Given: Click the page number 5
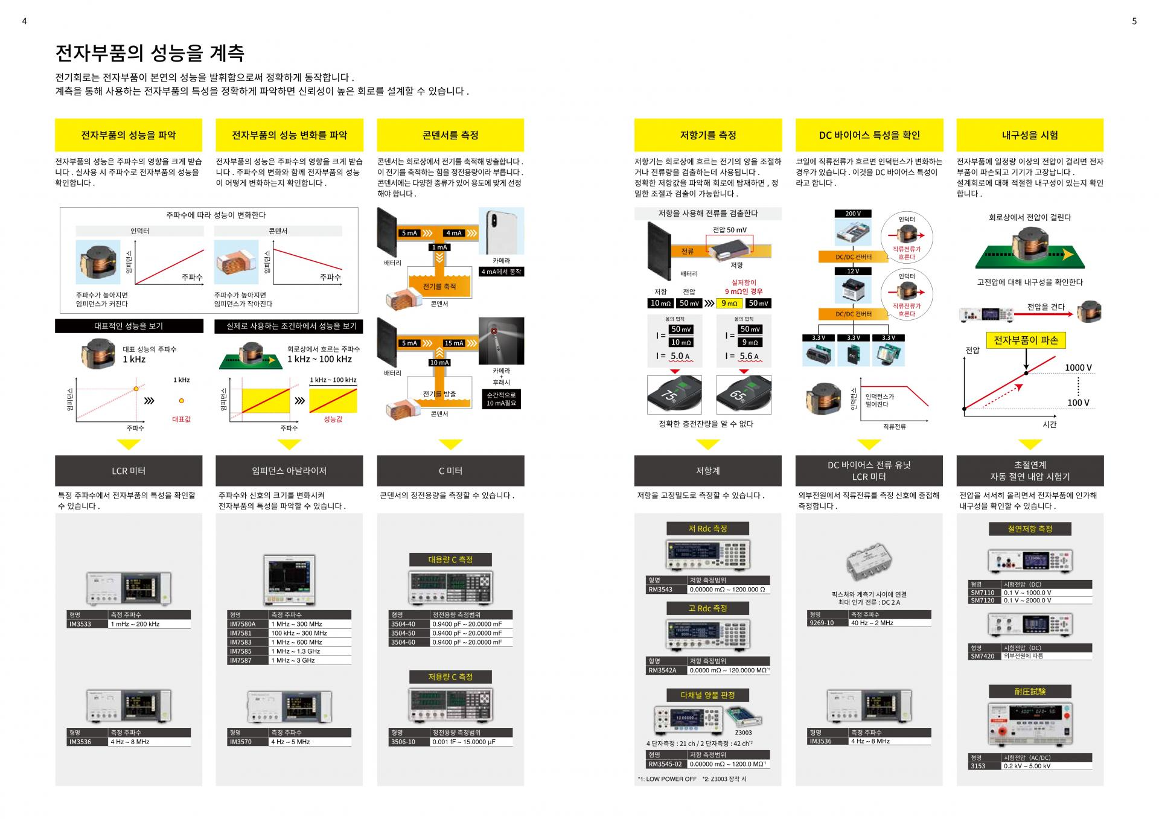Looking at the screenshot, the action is [1134, 21].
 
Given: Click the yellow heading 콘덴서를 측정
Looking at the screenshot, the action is [450, 135].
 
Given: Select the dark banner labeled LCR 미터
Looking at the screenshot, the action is [129, 471].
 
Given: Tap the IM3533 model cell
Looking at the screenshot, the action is [80, 624].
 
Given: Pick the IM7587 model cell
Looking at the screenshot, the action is [240, 660].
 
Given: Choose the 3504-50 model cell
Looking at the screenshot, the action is [403, 633].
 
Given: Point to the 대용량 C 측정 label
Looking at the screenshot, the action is [450, 559].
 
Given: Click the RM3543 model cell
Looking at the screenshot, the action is [660, 590].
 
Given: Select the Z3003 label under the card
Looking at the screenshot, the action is [743, 733].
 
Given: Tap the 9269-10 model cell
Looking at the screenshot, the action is [822, 623].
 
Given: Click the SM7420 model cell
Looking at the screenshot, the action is [982, 656].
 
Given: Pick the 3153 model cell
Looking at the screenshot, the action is [978, 766].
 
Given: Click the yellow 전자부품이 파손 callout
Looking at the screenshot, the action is [1026, 340].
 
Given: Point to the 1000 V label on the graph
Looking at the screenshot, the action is [1078, 368].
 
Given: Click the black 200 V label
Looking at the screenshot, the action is [853, 214].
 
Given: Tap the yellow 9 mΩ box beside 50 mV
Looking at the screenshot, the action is [729, 304].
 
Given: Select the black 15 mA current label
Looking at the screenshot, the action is [453, 343].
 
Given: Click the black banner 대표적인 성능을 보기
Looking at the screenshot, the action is [129, 326].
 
